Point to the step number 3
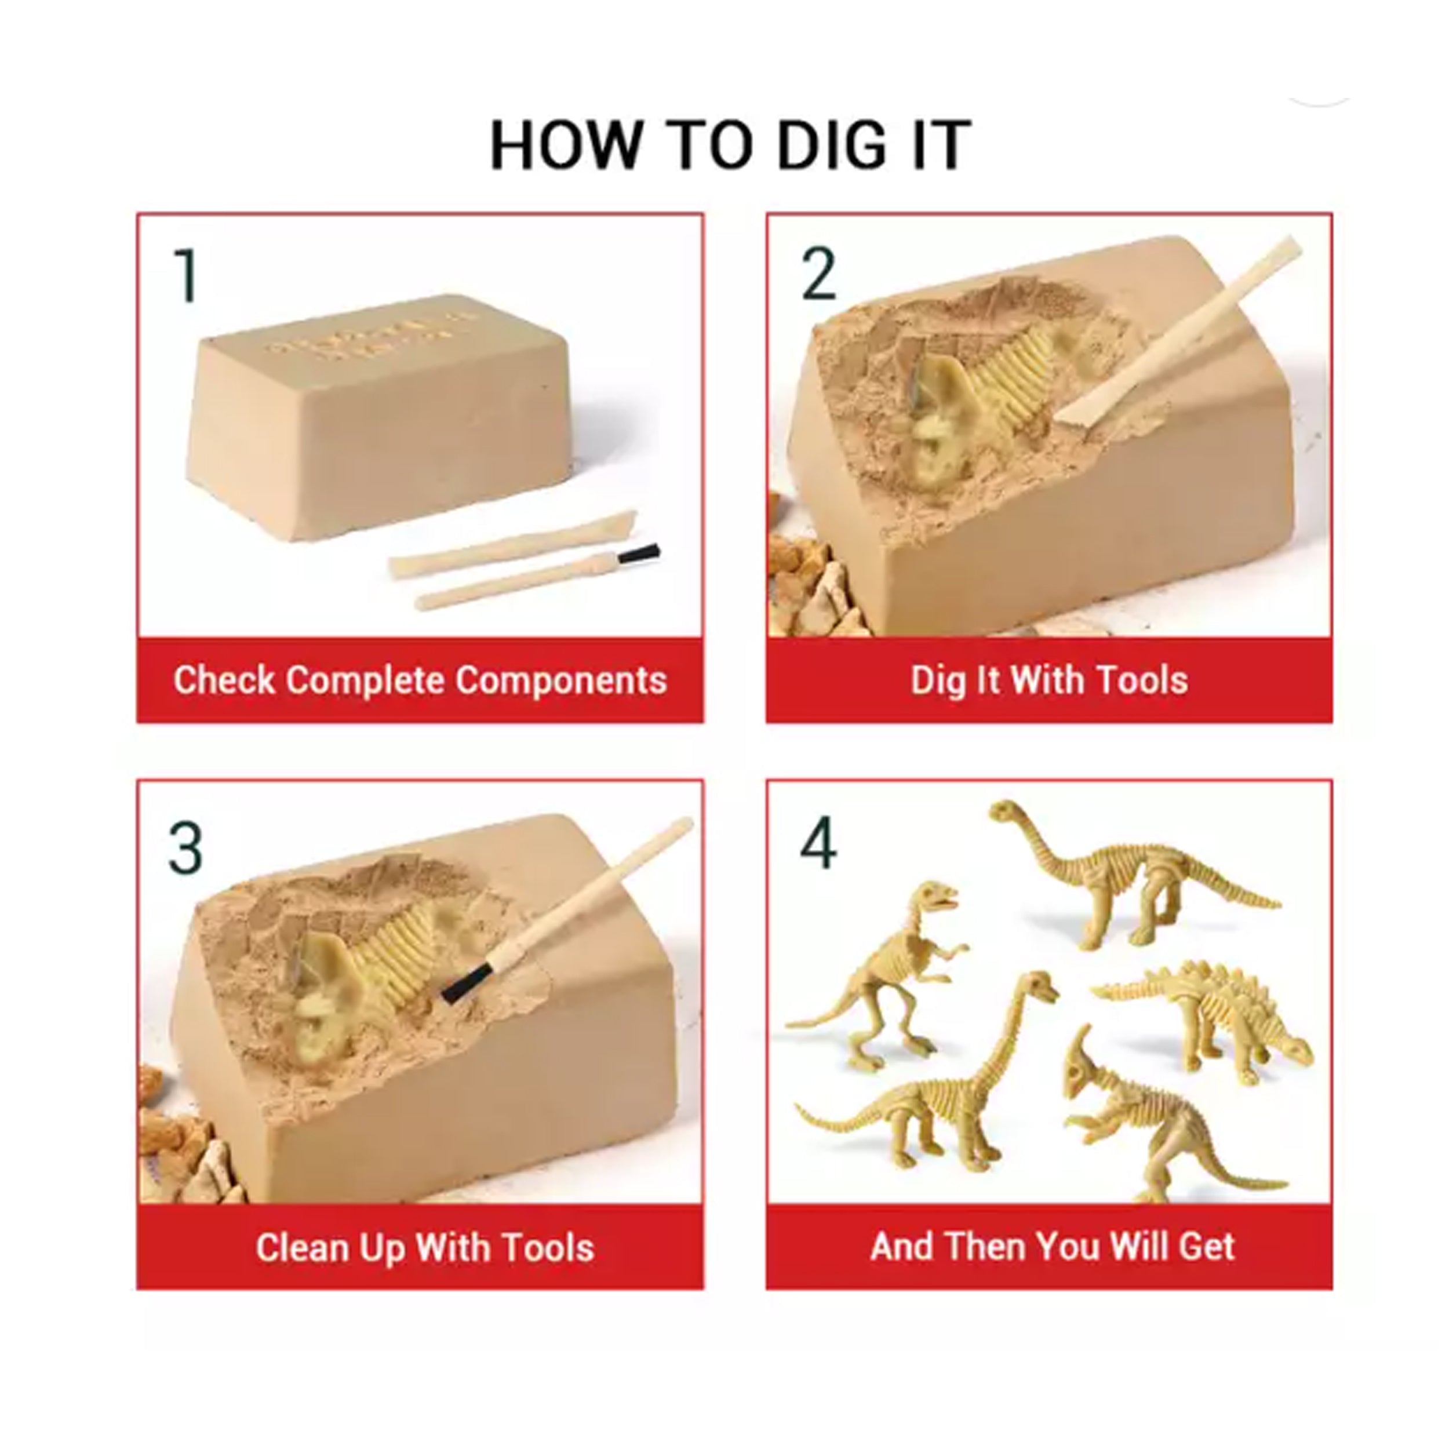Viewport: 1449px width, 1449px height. pyautogui.click(x=186, y=847)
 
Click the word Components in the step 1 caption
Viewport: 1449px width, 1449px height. pyautogui.click(x=561, y=681)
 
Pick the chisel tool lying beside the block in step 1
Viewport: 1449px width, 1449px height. pyautogui.click(x=513, y=543)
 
